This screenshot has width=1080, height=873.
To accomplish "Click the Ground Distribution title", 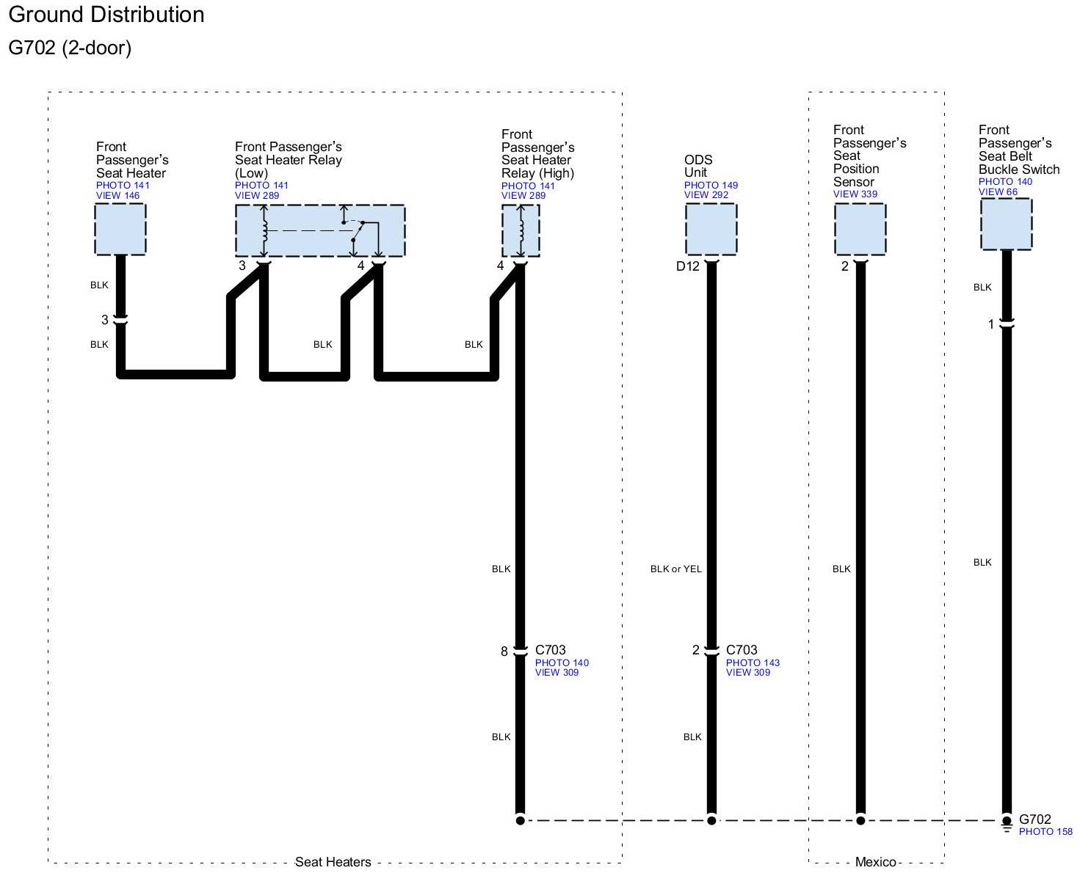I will [x=106, y=15].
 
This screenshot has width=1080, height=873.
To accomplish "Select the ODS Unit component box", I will [x=711, y=229].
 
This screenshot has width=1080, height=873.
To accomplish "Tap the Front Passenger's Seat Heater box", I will [x=120, y=229].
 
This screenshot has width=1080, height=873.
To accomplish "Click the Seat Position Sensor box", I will [x=860, y=229].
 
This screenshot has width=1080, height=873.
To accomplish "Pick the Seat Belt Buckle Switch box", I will [x=1006, y=224].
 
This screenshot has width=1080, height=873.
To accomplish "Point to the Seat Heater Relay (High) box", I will [x=521, y=230].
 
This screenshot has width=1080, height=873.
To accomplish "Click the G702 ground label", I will [x=1035, y=819].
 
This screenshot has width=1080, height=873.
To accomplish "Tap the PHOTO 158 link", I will [x=1045, y=832].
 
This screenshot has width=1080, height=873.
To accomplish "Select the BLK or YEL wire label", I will [x=675, y=569].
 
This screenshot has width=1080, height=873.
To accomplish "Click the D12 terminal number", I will [x=688, y=267].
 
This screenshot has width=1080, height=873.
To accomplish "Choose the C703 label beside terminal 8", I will [x=551, y=650].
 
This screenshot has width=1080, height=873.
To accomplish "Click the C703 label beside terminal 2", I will [x=742, y=650].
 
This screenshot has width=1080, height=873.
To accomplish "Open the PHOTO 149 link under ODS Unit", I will [x=711, y=186].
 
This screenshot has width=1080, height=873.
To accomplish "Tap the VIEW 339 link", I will [x=855, y=194].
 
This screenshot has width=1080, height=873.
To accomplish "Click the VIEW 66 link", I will [x=998, y=192].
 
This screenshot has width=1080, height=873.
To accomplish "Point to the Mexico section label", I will [x=875, y=862].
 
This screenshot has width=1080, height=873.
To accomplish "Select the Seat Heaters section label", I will [x=333, y=862].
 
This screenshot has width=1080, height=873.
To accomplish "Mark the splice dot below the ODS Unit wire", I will [x=711, y=820].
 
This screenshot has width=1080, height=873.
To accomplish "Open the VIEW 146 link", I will [x=117, y=196].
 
